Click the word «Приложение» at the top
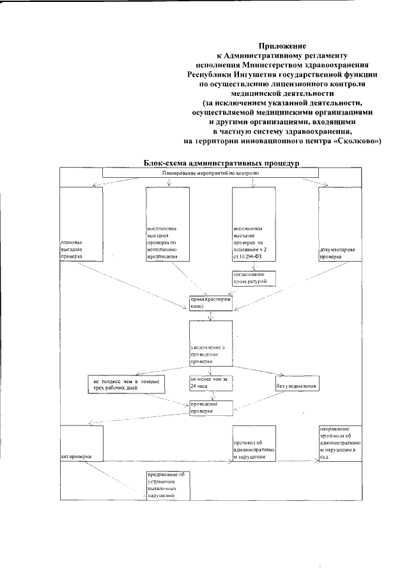tap(282, 45)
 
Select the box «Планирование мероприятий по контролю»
tap(210, 173)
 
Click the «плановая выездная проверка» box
tap(81, 224)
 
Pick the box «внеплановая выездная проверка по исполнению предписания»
tap(167, 224)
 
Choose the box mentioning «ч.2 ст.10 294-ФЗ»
tap(253, 224)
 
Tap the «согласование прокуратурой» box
tap(253, 278)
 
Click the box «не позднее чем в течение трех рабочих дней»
tap(126, 384)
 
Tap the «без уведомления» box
tap(297, 384)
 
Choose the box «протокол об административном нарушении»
tap(254, 443)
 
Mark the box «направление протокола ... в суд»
tap(341, 443)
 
